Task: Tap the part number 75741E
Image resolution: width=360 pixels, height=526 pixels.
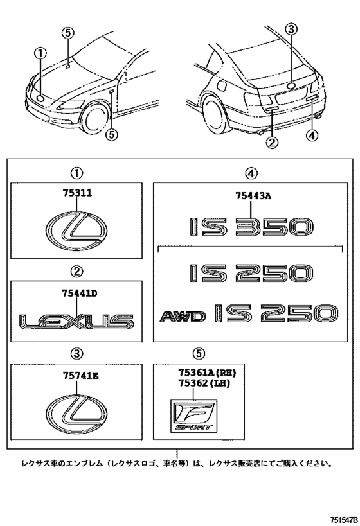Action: pos(76,377)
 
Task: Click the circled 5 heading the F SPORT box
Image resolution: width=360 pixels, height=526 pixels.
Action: pos(199,353)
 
